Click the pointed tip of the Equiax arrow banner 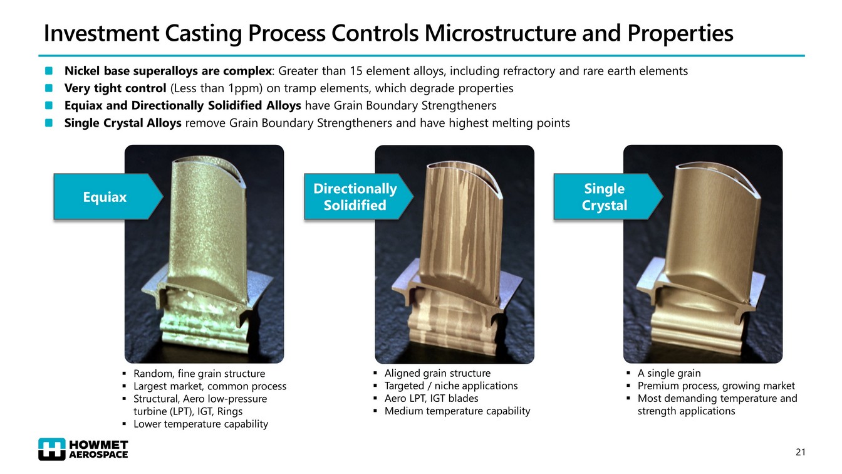[x=163, y=196]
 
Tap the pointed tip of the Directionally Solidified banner [x=413, y=196]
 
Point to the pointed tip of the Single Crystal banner [x=663, y=196]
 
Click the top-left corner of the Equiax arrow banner [x=54, y=174]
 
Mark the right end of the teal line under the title [x=805, y=56]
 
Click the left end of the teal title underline [x=39, y=56]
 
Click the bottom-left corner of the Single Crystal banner [x=554, y=219]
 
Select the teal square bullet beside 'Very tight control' [x=49, y=88]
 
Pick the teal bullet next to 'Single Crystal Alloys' [x=49, y=123]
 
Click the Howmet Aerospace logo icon [x=52, y=449]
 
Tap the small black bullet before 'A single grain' [x=628, y=373]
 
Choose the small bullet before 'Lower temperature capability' [x=125, y=424]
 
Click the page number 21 [x=800, y=452]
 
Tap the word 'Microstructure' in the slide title [x=501, y=33]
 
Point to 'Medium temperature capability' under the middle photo [x=457, y=411]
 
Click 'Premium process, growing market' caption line [x=716, y=386]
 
